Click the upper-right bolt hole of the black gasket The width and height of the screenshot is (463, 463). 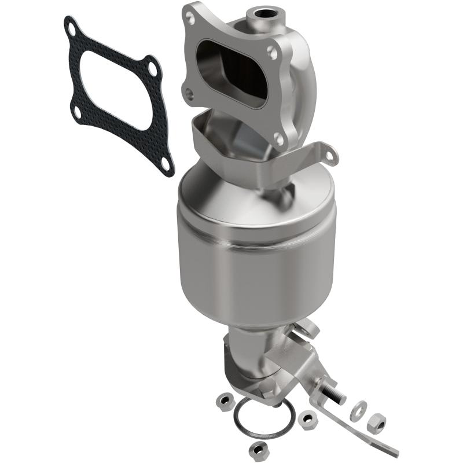click(152, 68)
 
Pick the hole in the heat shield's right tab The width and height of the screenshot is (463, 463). click(330, 157)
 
